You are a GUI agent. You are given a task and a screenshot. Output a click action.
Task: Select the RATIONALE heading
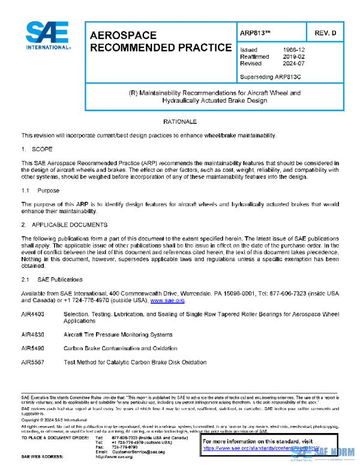click(x=180, y=122)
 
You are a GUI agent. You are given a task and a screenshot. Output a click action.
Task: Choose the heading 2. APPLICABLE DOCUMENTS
click(x=64, y=225)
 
